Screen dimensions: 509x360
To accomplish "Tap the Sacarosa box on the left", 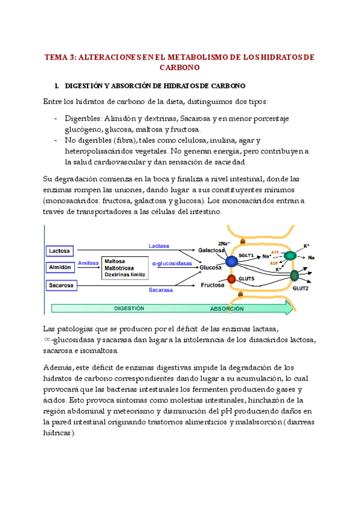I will [x=61, y=285].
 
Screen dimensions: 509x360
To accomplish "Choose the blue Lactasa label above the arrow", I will [x=159, y=245].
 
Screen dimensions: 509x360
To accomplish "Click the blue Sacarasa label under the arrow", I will [x=161, y=290].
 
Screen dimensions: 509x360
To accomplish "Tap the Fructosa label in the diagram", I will [x=212, y=285].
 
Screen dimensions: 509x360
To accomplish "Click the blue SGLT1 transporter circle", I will [x=232, y=261].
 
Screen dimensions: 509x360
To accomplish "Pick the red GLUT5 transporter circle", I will [x=232, y=280].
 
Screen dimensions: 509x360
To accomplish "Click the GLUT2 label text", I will [x=301, y=288].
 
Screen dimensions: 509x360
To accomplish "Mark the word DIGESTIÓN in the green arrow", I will [x=129, y=308].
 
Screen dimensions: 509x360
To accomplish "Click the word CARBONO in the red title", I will [x=180, y=68].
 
